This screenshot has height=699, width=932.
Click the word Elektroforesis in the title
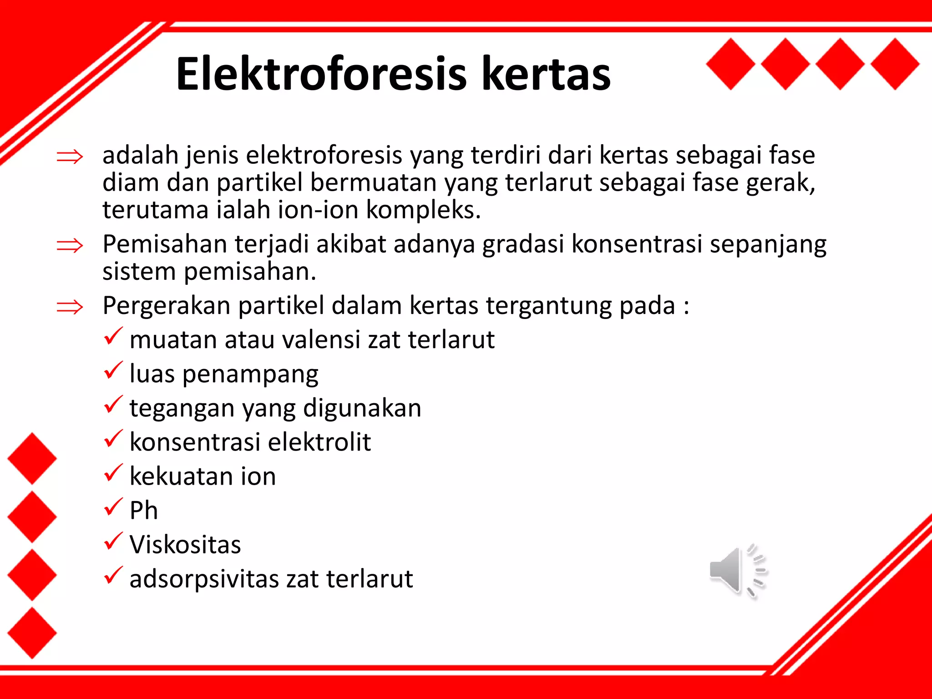321,74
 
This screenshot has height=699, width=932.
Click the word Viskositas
185,545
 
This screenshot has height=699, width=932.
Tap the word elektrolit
319,442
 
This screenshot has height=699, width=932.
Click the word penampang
250,375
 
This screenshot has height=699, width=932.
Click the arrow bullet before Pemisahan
70,246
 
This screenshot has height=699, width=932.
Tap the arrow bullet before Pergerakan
70,307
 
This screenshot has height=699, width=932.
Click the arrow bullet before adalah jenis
70,157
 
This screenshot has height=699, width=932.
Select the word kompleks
423,210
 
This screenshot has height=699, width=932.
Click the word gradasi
522,244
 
